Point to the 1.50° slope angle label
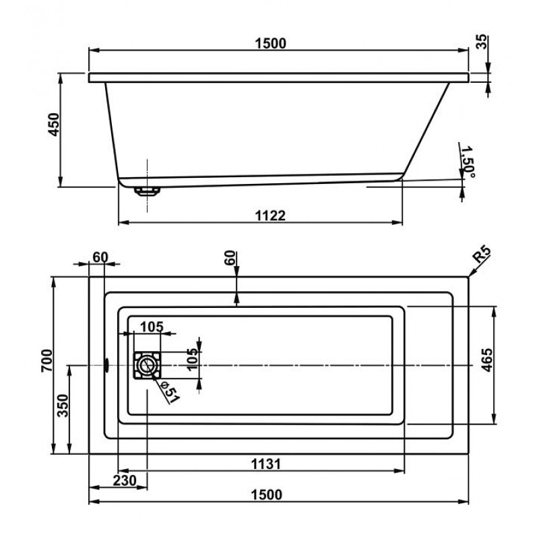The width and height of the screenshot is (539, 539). tap(468, 162)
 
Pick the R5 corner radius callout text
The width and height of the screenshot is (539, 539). tap(482, 256)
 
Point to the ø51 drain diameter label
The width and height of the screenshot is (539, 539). tap(170, 391)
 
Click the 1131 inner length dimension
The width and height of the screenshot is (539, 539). tap(266, 463)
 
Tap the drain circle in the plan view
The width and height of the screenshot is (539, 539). tap(146, 366)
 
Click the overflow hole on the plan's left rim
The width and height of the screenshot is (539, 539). tap(106, 365)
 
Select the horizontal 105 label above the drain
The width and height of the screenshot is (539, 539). tap(152, 327)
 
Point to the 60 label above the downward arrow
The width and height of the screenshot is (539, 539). tap(231, 257)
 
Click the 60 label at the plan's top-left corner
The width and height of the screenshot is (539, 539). tap(100, 257)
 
